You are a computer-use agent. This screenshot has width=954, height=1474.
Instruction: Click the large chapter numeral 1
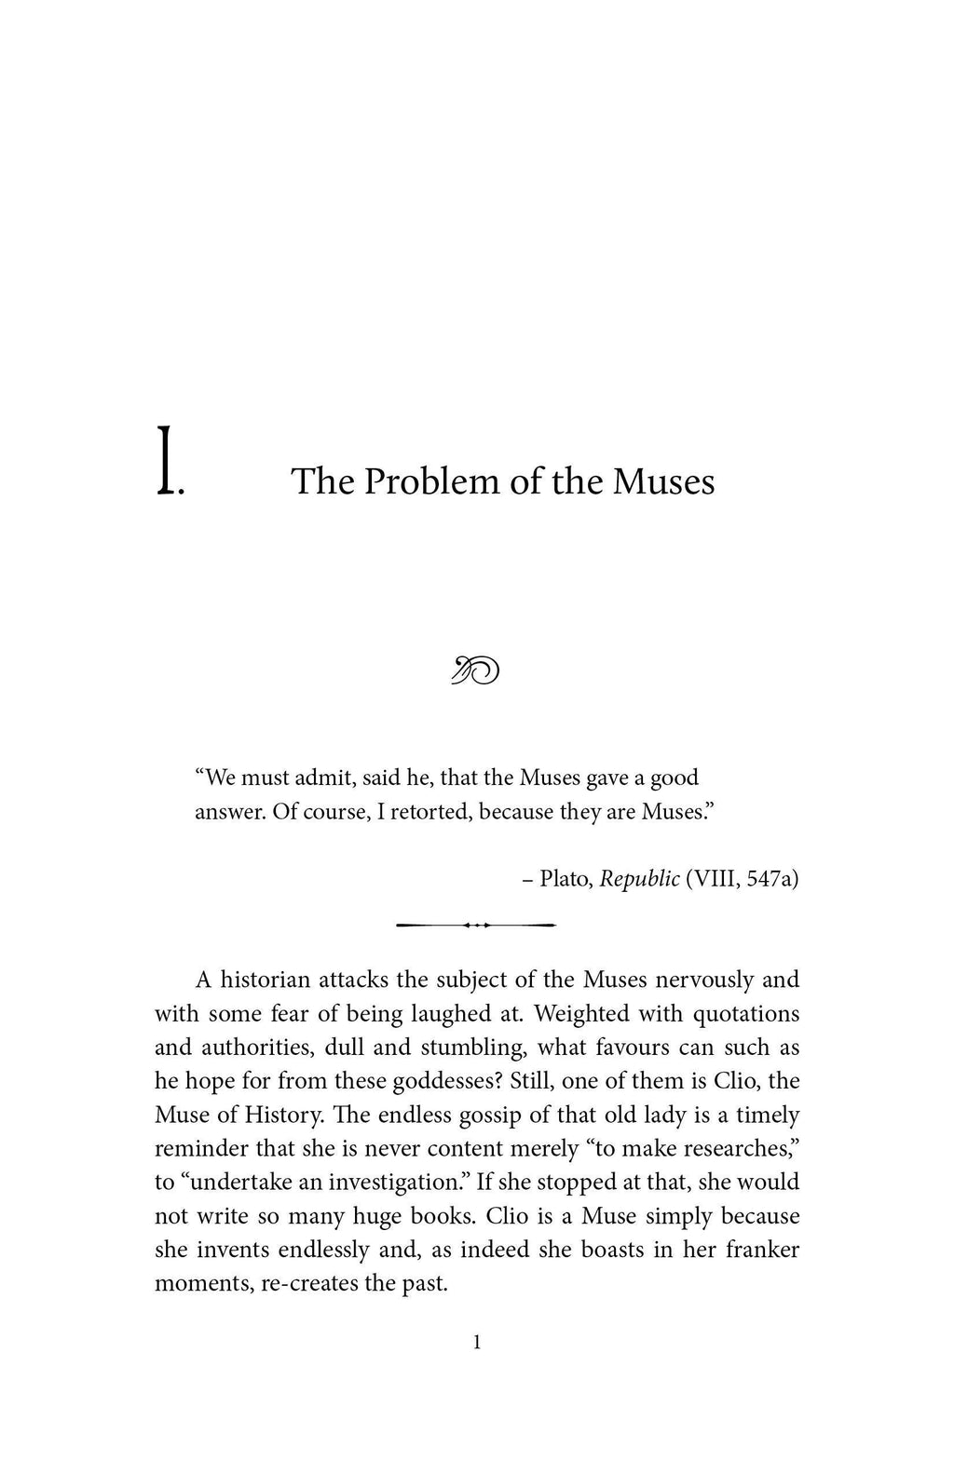click(x=165, y=461)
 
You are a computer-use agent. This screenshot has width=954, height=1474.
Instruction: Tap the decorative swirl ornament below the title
click(x=476, y=669)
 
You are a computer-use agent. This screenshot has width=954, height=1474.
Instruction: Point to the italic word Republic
click(x=639, y=878)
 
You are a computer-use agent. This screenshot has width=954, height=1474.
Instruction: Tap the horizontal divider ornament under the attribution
click(x=476, y=925)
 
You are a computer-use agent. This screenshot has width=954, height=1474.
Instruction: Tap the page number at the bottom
click(x=477, y=1342)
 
